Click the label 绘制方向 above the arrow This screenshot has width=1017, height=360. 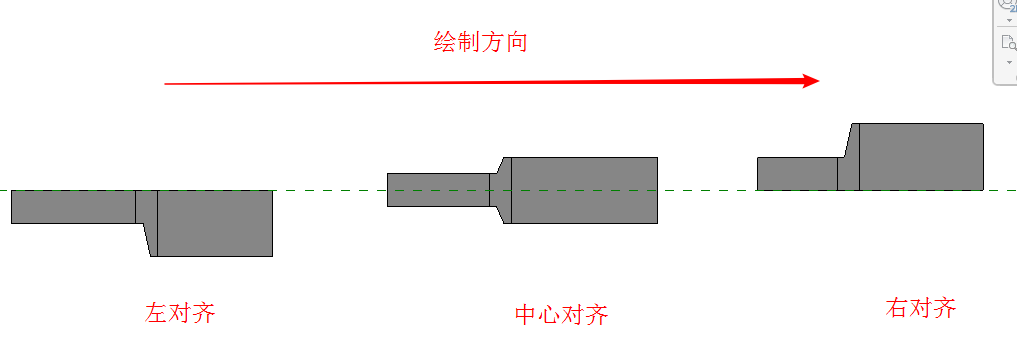click(480, 42)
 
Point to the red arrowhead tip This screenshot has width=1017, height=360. click(820, 80)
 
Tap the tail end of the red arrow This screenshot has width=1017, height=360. click(165, 84)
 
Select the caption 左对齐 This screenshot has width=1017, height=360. click(180, 313)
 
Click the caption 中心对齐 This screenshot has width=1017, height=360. click(562, 315)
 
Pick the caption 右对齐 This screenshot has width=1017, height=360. click(921, 307)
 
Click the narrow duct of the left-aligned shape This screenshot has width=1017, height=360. click(73, 207)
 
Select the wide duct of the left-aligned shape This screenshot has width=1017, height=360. click(215, 223)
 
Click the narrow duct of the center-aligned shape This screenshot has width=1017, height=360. click(438, 190)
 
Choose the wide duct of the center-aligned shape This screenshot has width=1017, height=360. click(584, 190)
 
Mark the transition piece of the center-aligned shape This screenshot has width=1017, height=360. click(501, 190)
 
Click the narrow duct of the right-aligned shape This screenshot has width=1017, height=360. click(797, 174)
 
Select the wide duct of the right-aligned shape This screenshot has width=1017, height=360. click(921, 157)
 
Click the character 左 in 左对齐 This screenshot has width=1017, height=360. click(156, 313)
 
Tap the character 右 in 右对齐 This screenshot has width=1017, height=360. click(897, 307)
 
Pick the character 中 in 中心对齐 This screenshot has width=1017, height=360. click(526, 315)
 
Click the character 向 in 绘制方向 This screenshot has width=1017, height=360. click(516, 42)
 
